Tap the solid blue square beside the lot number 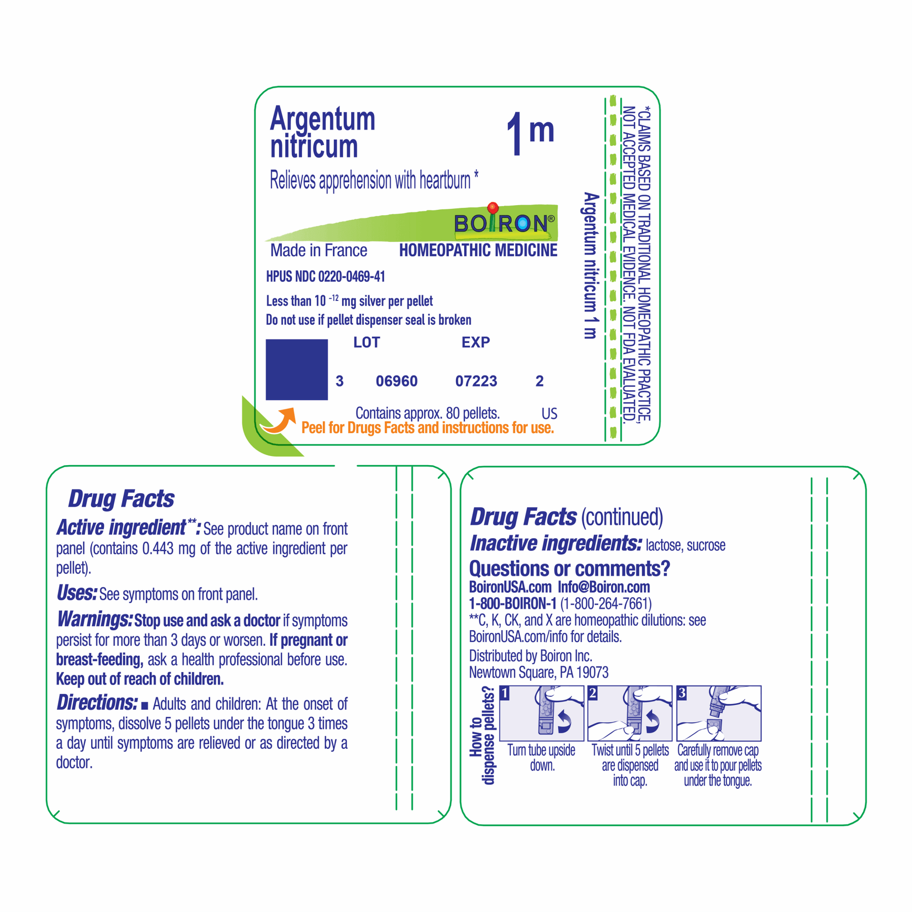(297, 369)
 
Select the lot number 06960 (397, 381)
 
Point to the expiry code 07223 (476, 381)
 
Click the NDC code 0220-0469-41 (351, 277)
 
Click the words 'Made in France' (319, 250)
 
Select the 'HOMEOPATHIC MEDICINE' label (478, 250)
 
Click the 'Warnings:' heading (94, 620)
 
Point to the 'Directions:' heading (97, 703)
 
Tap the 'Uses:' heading (77, 593)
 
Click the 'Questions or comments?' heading (569, 569)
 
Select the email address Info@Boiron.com (604, 587)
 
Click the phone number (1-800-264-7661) (606, 604)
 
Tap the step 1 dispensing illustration (542, 713)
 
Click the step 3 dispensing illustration (719, 713)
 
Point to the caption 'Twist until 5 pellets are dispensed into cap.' (630, 765)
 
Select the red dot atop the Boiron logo (492, 207)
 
